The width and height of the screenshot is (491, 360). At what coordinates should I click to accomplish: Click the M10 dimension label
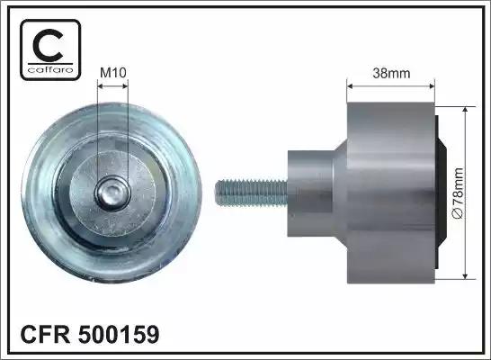(113, 73)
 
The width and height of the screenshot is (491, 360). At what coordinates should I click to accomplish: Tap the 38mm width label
(391, 73)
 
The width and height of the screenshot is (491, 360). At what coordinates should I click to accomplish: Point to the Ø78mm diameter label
(459, 192)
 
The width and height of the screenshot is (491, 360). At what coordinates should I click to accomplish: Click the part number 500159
(120, 335)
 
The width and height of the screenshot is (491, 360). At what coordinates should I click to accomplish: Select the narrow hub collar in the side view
(316, 190)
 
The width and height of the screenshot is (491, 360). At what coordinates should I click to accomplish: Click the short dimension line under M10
(112, 87)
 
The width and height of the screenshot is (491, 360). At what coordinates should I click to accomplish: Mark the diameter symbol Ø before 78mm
(459, 214)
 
